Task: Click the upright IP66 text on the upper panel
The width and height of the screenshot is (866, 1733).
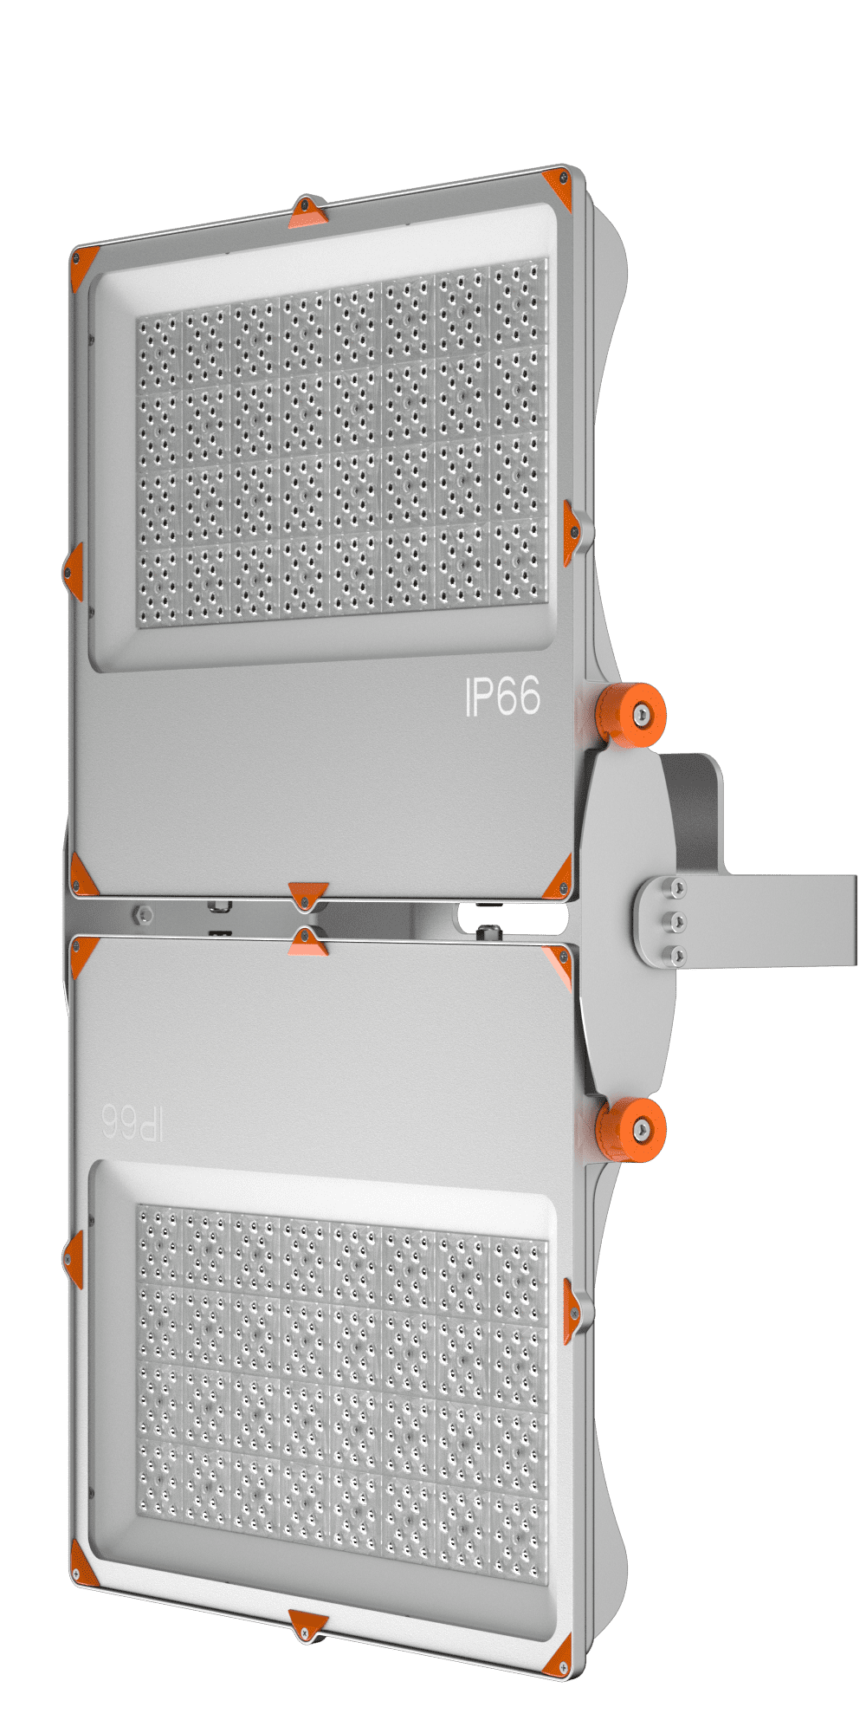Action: [x=503, y=697]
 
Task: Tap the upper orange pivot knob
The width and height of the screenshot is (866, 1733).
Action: [x=631, y=714]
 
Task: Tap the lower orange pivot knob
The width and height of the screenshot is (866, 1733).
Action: [x=631, y=1129]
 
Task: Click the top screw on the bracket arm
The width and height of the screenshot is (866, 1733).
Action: [x=678, y=887]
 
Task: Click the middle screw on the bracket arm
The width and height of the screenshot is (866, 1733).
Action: [x=678, y=921]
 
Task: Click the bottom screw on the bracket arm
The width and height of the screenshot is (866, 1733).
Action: [x=678, y=955]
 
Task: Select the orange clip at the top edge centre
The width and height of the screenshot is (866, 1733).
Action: [x=307, y=212]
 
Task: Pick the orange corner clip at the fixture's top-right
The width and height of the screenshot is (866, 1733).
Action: [x=559, y=187]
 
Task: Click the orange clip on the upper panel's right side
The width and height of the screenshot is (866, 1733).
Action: [x=572, y=531]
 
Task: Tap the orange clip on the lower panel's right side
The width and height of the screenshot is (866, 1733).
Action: [x=572, y=1311]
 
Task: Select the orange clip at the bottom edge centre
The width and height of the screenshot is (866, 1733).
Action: [x=307, y=1625]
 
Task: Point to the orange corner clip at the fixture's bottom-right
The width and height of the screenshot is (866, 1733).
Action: [x=559, y=1656]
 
